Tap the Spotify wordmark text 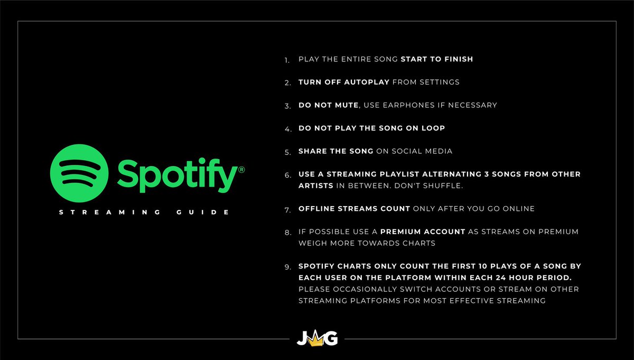pyautogui.click(x=177, y=174)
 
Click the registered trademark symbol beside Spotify pyautogui.click(x=241, y=170)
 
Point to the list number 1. pyautogui.click(x=287, y=60)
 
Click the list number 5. pyautogui.click(x=287, y=152)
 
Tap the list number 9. pyautogui.click(x=287, y=267)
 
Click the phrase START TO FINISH pyautogui.click(x=437, y=59)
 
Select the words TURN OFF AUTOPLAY pyautogui.click(x=344, y=82)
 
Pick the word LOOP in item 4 pyautogui.click(x=434, y=128)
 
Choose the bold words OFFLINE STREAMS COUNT pyautogui.click(x=354, y=209)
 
